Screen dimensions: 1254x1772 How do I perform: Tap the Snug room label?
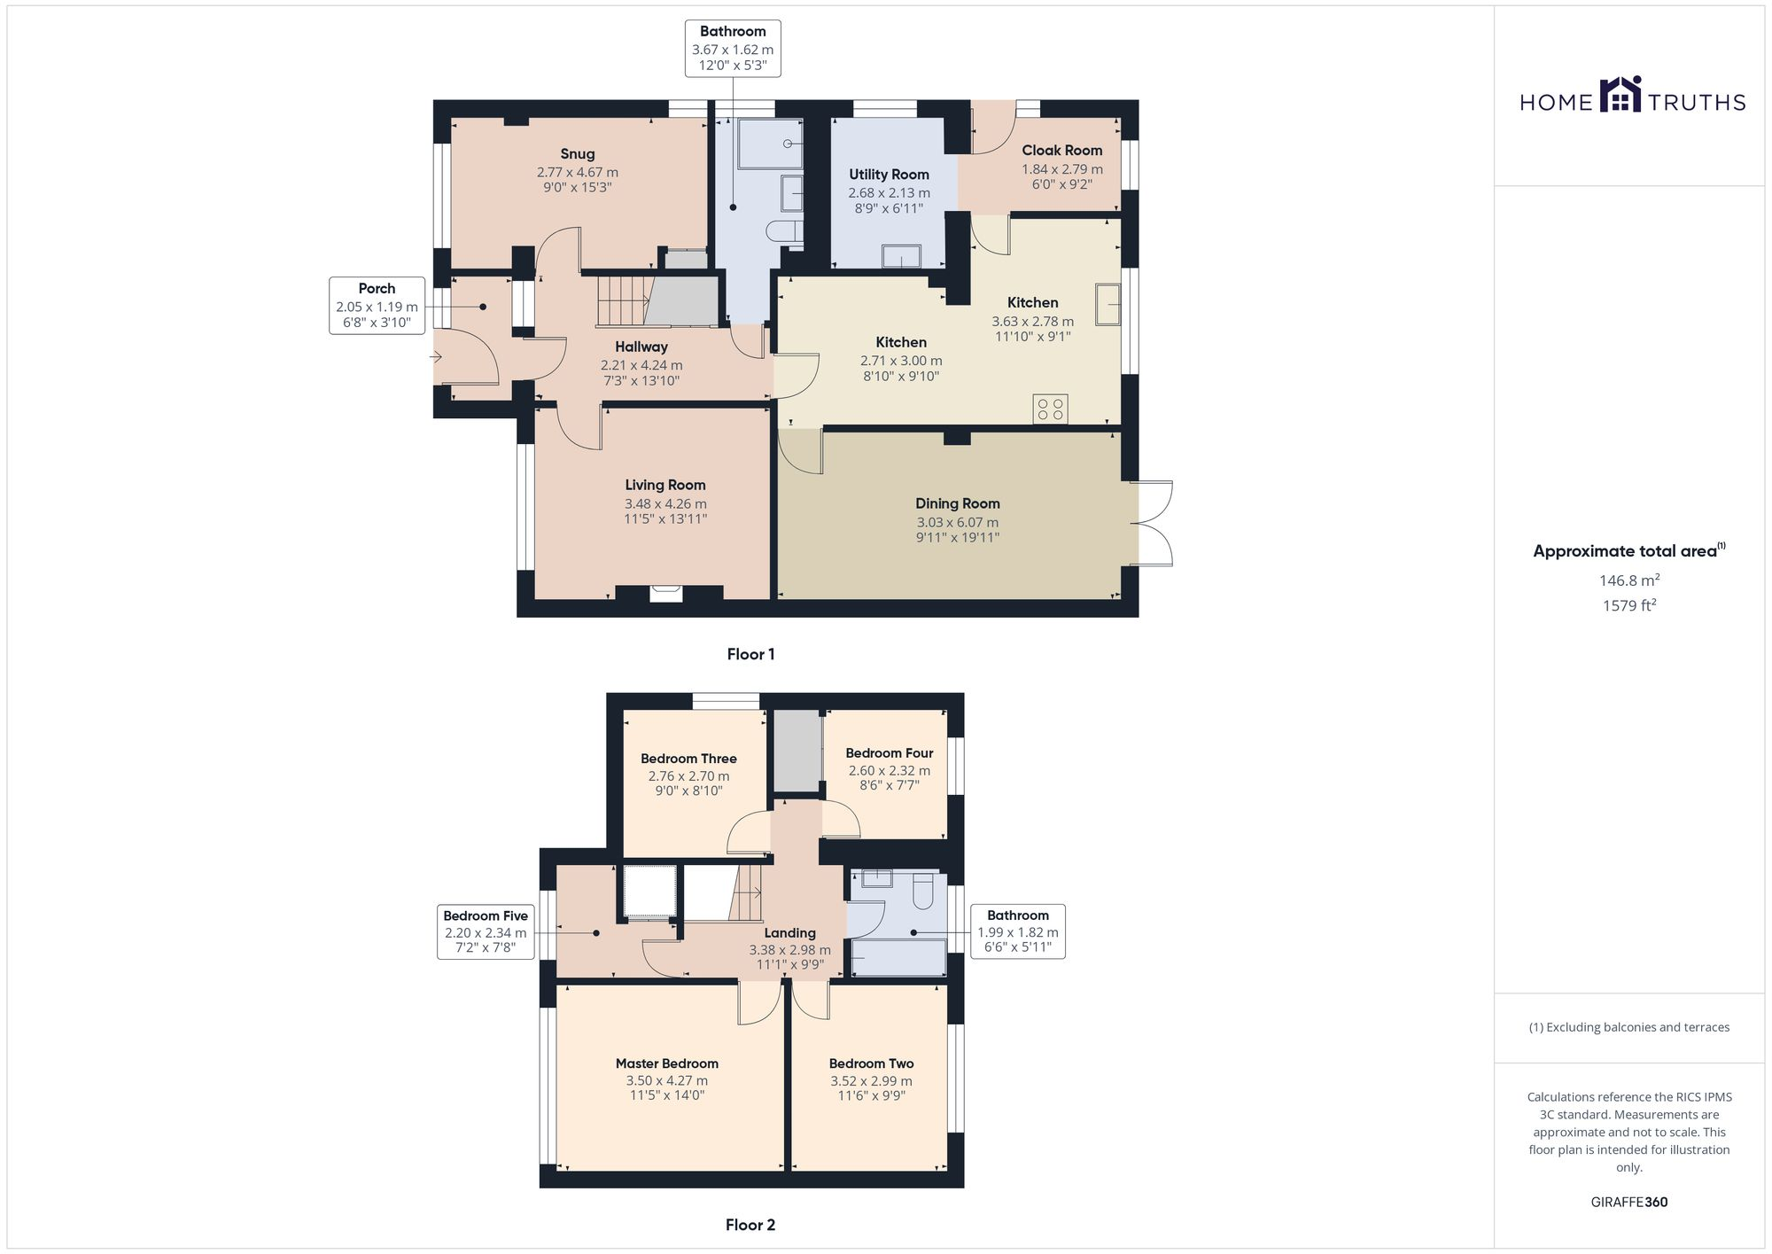point(577,154)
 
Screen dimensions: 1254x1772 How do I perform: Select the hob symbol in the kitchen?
point(1050,409)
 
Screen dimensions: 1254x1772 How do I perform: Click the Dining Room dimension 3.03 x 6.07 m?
point(957,523)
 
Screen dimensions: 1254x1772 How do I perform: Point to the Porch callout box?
point(377,305)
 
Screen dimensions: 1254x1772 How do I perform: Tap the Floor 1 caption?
point(750,654)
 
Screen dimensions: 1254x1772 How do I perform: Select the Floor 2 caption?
point(750,1225)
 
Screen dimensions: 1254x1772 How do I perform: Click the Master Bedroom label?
point(666,1063)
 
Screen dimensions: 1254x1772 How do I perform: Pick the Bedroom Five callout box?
point(485,931)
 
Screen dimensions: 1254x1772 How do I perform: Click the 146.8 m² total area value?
point(1628,580)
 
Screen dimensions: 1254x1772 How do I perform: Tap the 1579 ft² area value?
point(1628,606)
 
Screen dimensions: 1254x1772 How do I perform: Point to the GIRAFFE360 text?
point(1628,1202)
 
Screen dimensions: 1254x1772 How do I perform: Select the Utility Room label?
point(889,175)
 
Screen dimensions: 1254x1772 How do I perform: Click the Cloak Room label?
point(1061,151)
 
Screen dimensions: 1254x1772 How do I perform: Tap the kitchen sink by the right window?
point(1107,304)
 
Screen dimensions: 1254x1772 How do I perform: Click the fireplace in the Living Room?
point(666,593)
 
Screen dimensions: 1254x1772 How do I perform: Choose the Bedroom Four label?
point(889,753)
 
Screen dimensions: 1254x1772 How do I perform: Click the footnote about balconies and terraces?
point(1628,1027)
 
